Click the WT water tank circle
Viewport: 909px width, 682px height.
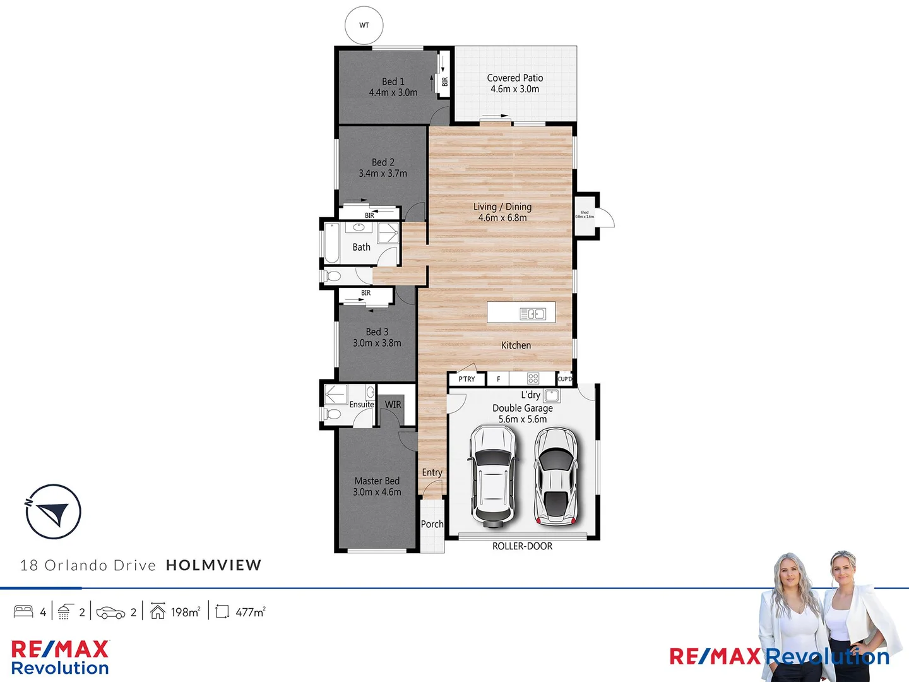tap(364, 25)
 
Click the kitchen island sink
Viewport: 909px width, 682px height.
tap(533, 314)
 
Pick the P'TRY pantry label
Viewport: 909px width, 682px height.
tap(466, 379)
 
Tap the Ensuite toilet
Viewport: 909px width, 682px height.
tap(330, 415)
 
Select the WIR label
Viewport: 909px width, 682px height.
tap(393, 405)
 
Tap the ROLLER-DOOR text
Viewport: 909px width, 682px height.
tap(522, 546)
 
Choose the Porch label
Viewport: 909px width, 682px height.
tap(432, 524)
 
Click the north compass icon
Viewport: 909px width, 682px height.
tap(54, 511)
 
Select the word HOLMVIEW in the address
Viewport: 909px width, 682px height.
tap(213, 565)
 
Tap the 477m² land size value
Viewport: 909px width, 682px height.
tap(250, 612)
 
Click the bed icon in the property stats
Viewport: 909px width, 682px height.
tap(23, 611)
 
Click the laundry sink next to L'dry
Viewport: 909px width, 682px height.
tap(551, 396)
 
